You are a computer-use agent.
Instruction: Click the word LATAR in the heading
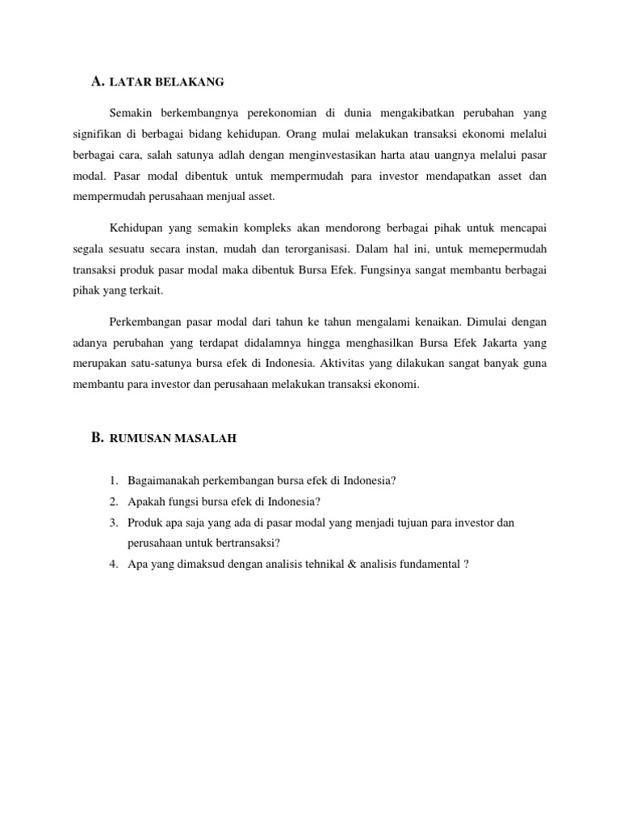[128, 82]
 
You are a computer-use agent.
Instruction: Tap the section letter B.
[97, 437]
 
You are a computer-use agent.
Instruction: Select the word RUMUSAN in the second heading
[138, 439]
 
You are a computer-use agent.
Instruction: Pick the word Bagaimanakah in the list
[162, 481]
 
